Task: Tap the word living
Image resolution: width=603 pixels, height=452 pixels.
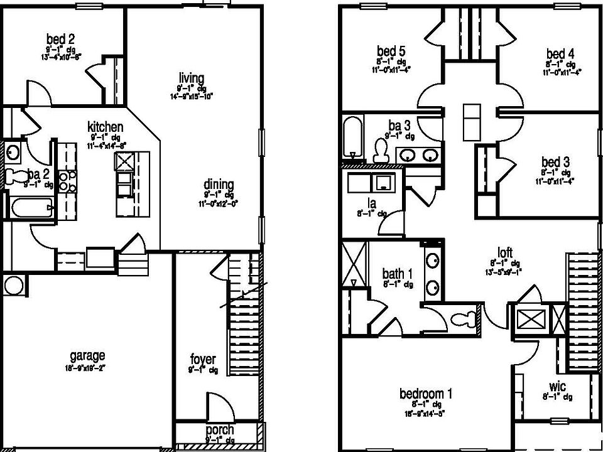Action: tap(191, 78)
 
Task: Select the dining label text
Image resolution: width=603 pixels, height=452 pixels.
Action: tap(218, 185)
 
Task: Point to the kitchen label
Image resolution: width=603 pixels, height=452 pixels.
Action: tap(105, 127)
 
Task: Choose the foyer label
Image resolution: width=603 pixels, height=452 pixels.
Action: tap(203, 360)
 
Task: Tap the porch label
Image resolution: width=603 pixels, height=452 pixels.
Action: tap(220, 430)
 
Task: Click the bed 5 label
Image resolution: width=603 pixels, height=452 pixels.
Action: tap(387, 51)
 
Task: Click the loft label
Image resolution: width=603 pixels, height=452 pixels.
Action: tap(505, 251)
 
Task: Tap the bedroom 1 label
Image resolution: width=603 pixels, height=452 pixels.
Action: tap(426, 394)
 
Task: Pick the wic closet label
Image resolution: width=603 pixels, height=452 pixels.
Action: tap(558, 387)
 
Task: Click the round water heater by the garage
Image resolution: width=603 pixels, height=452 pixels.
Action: tap(13, 286)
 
